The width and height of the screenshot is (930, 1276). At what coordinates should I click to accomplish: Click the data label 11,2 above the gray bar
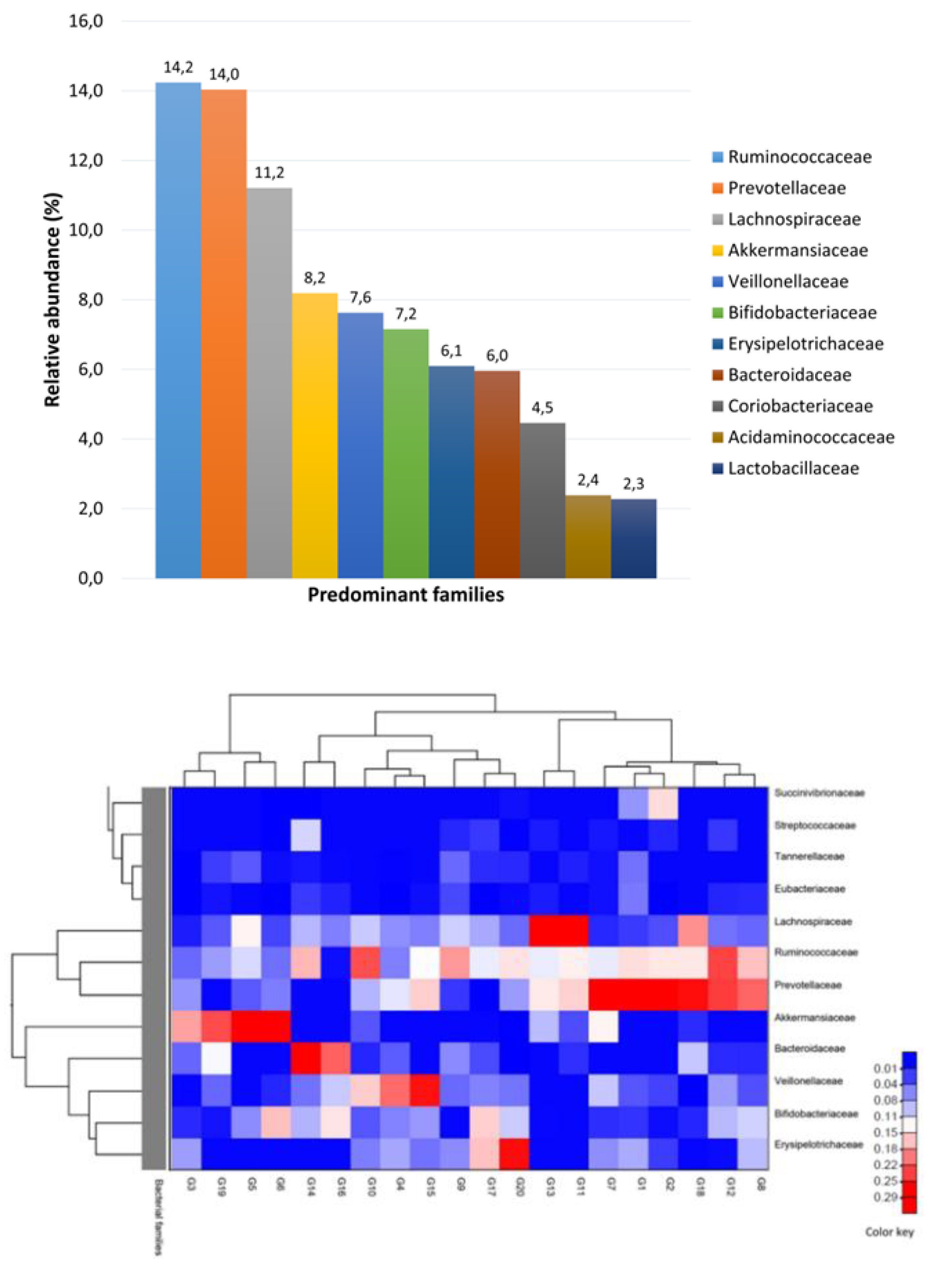tap(269, 173)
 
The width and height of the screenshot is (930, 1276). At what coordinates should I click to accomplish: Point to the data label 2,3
tap(633, 484)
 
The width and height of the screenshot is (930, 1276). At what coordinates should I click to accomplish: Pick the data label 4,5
tap(542, 407)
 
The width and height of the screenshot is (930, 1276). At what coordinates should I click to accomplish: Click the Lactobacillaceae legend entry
tap(793, 469)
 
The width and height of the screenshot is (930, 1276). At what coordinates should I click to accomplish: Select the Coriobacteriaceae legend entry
tap(800, 406)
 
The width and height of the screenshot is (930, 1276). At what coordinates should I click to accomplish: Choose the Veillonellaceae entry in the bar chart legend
tap(788, 281)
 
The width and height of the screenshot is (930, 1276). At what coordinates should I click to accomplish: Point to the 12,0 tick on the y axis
tap(86, 160)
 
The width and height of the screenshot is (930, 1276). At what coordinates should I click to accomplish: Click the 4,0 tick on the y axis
tap(90, 439)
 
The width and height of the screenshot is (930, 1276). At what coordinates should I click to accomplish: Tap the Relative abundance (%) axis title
tap(52, 300)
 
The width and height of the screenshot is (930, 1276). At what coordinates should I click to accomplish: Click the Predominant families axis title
tap(405, 595)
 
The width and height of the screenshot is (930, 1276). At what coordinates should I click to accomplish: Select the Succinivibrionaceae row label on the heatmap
tap(819, 793)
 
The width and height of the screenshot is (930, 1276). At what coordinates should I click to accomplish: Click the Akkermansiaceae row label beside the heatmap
tap(815, 1017)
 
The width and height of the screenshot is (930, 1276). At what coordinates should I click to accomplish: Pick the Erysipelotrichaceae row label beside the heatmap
tap(819, 1144)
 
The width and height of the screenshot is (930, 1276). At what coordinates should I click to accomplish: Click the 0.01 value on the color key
tap(886, 1068)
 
